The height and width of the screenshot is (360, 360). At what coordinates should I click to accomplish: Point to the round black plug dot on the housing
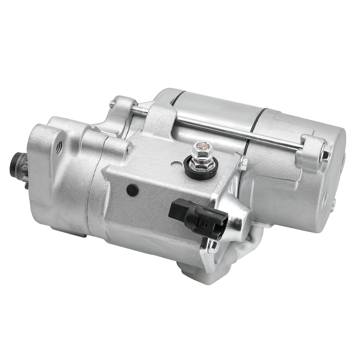(131, 190)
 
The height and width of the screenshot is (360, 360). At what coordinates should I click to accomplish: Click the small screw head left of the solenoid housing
(130, 149)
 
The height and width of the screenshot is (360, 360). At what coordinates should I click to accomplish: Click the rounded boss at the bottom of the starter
(191, 270)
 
